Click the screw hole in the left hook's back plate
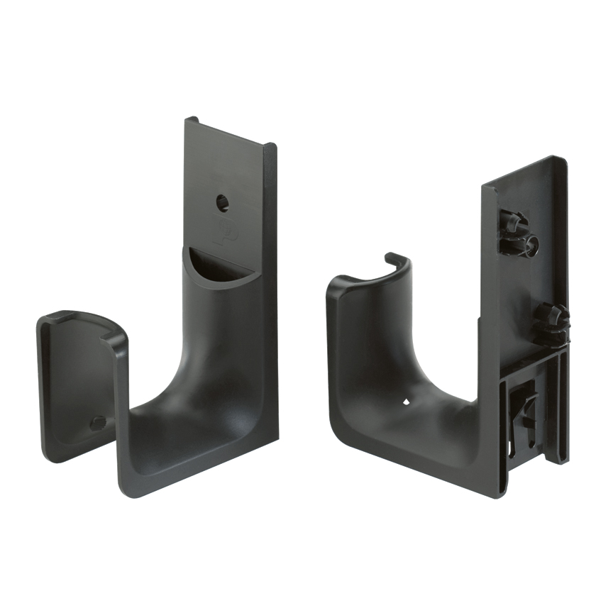pyautogui.click(x=223, y=204)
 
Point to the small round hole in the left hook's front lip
pyautogui.click(x=98, y=423)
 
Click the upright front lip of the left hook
pyautogui.click(x=74, y=383)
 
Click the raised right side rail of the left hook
pyautogui.click(x=270, y=284)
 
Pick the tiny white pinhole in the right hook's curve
pyautogui.click(x=407, y=402)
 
